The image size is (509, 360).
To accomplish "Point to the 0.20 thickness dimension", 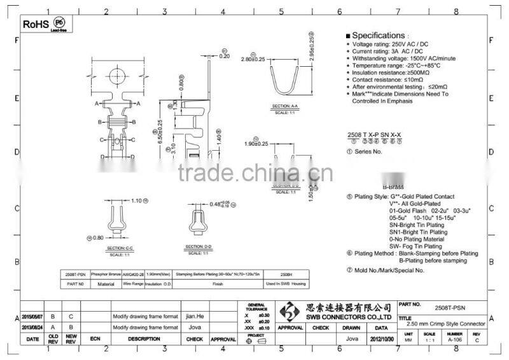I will [x=224, y=56].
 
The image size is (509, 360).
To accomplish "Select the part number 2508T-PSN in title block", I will [x=452, y=306].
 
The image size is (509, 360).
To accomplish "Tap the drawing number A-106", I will [x=454, y=340].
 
